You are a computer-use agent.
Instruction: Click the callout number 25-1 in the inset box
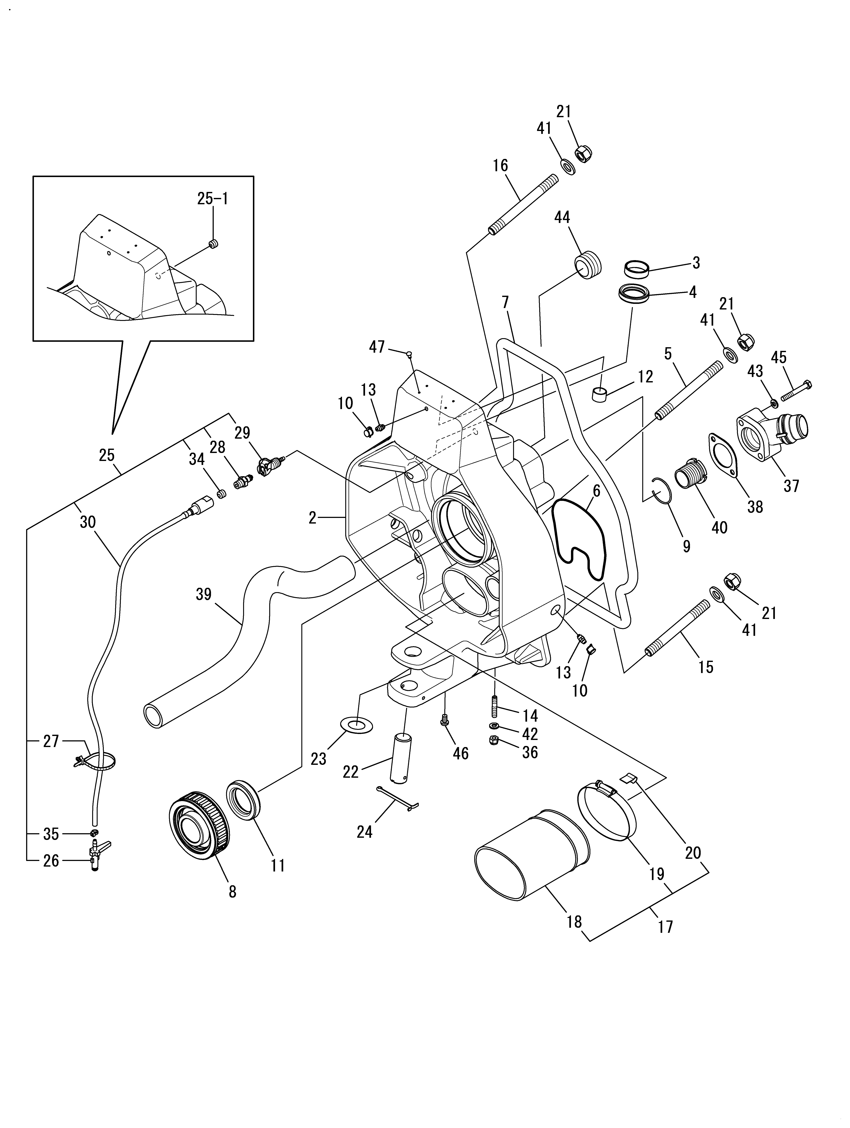pos(213,198)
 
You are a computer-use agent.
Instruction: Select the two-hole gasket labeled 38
pos(724,455)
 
